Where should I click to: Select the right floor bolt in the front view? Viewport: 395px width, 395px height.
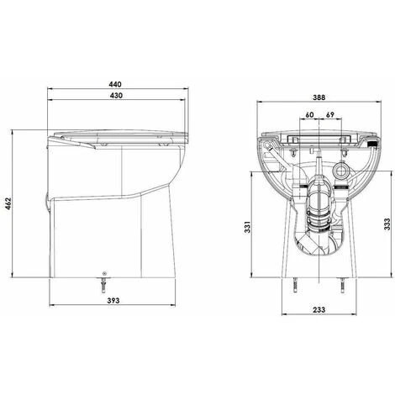[x=344, y=287]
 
